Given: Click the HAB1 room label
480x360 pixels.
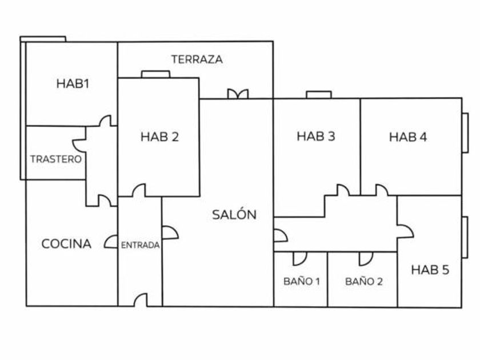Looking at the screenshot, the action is click(x=73, y=83).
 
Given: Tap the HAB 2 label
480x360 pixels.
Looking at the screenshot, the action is click(x=159, y=137).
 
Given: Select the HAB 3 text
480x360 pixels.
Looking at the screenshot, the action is click(x=316, y=136).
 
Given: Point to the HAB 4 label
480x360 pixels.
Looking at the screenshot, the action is click(x=408, y=137).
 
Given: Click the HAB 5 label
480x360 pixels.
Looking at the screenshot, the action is click(x=430, y=270).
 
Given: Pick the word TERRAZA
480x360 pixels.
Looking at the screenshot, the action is click(x=197, y=59).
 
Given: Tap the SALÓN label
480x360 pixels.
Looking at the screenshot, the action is click(x=234, y=214).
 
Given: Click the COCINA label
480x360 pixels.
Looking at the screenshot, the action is click(x=66, y=243).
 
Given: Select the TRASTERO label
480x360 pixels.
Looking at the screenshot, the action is click(x=56, y=159).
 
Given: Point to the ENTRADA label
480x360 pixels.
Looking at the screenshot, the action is click(x=140, y=245).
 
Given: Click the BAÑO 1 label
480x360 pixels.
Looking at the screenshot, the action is click(x=302, y=281).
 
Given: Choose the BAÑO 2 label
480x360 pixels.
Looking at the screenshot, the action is click(x=363, y=281).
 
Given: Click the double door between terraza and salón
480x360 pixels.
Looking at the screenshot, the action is click(x=238, y=94).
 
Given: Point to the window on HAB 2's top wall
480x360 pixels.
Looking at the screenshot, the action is click(x=155, y=74).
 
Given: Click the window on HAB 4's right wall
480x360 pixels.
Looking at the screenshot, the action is click(x=465, y=133).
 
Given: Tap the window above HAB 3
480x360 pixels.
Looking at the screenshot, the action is click(x=319, y=95).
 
